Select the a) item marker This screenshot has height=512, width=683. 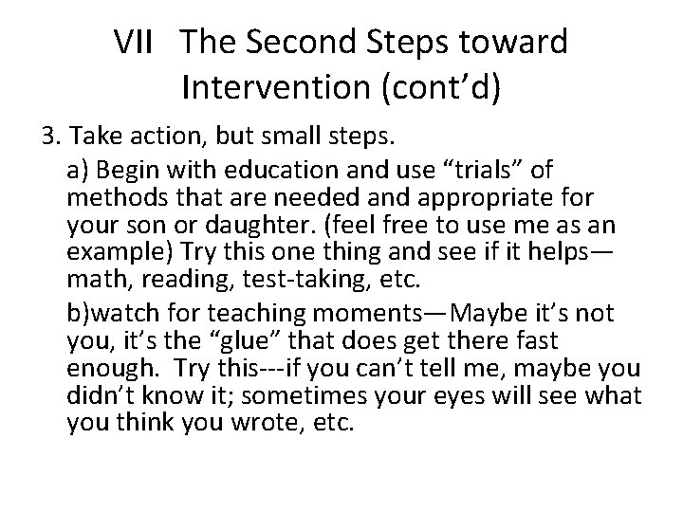pyautogui.click(x=80, y=168)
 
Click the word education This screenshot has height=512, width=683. pyautogui.click(x=241, y=168)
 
